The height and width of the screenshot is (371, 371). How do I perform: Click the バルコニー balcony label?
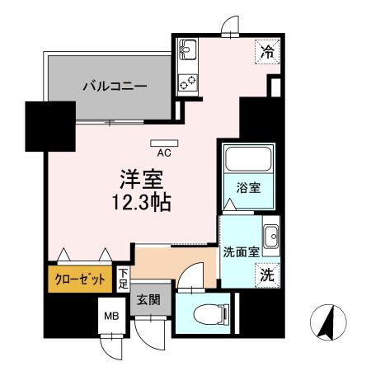(x=114, y=86)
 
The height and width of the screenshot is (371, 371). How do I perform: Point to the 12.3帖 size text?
(x=143, y=202)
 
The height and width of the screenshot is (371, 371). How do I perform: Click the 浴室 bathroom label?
(x=250, y=186)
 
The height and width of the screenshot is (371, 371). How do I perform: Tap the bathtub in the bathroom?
(x=249, y=161)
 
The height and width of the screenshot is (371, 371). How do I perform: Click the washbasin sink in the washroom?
(x=270, y=233)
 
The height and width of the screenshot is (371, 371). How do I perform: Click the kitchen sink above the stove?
(x=187, y=52)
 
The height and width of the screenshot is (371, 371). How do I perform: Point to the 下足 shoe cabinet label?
(x=123, y=279)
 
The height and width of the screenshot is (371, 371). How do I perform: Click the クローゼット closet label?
(x=80, y=279)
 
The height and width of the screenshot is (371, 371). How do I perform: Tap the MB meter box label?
(x=110, y=315)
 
